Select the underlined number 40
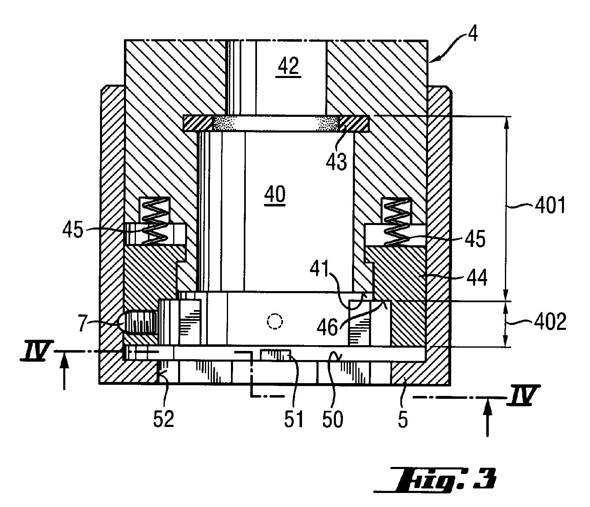click(x=275, y=194)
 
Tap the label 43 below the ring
click(x=337, y=161)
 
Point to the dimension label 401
click(x=550, y=206)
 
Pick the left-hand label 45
click(x=73, y=230)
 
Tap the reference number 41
click(x=320, y=268)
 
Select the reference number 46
click(x=327, y=327)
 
